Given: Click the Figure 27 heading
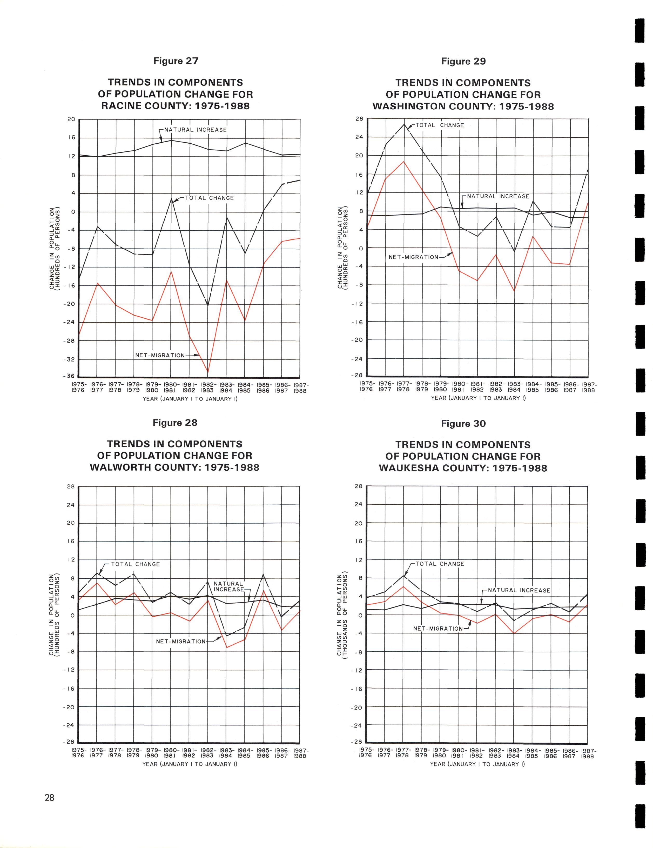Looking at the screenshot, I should [176, 61].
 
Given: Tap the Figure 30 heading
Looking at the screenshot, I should [463, 424].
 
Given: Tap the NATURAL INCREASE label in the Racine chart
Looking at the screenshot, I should [195, 130].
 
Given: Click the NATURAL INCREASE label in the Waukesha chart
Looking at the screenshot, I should [519, 590].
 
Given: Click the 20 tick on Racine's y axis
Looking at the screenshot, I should [71, 119].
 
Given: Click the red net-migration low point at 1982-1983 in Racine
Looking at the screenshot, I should [208, 372].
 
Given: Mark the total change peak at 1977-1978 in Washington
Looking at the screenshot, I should [404, 124].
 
